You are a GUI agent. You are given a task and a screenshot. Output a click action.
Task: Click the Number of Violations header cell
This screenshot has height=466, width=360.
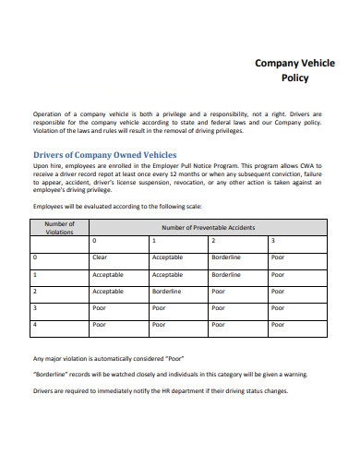pyautogui.click(x=59, y=227)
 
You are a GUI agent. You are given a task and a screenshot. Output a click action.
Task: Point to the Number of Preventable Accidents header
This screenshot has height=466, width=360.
pyautogui.click(x=209, y=227)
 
